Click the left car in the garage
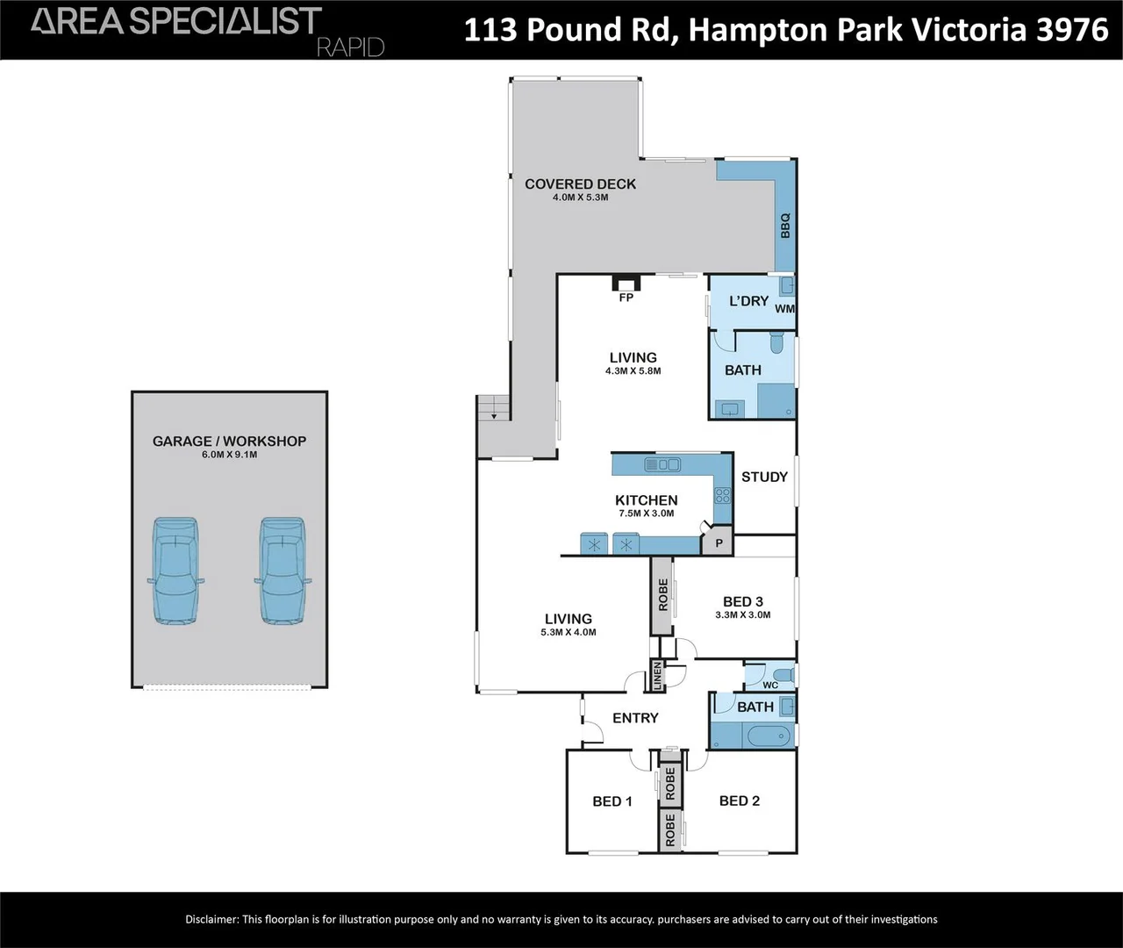click(x=175, y=571)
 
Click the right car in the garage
click(x=282, y=571)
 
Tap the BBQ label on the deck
click(x=785, y=226)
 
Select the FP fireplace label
click(x=626, y=298)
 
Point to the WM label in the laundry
click(x=784, y=309)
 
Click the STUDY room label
click(x=764, y=477)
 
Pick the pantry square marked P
click(x=719, y=544)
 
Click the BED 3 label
click(x=742, y=601)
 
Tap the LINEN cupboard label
click(x=657, y=676)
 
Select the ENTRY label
click(x=635, y=718)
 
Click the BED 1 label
click(x=612, y=801)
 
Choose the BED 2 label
click(x=739, y=801)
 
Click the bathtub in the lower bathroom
click(x=766, y=735)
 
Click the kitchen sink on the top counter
click(x=662, y=464)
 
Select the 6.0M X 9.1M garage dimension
click(x=229, y=455)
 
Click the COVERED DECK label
click(x=580, y=183)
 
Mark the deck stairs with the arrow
click(x=493, y=408)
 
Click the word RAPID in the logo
click(x=350, y=47)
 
